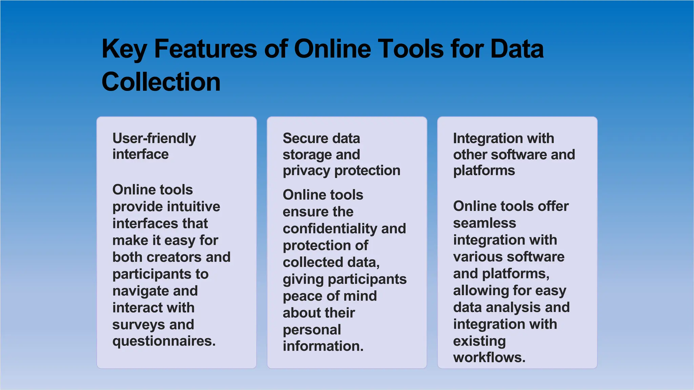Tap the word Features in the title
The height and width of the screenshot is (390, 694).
[x=205, y=49]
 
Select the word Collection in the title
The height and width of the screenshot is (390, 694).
[x=161, y=82]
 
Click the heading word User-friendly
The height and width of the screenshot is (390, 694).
[x=154, y=139]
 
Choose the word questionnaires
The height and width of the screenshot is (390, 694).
[x=164, y=341]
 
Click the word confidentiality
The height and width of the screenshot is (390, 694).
[x=330, y=229]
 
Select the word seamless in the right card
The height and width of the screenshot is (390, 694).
[x=485, y=223]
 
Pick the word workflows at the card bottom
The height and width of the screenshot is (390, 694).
[x=489, y=357]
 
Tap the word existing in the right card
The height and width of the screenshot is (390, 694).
[x=479, y=341]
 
